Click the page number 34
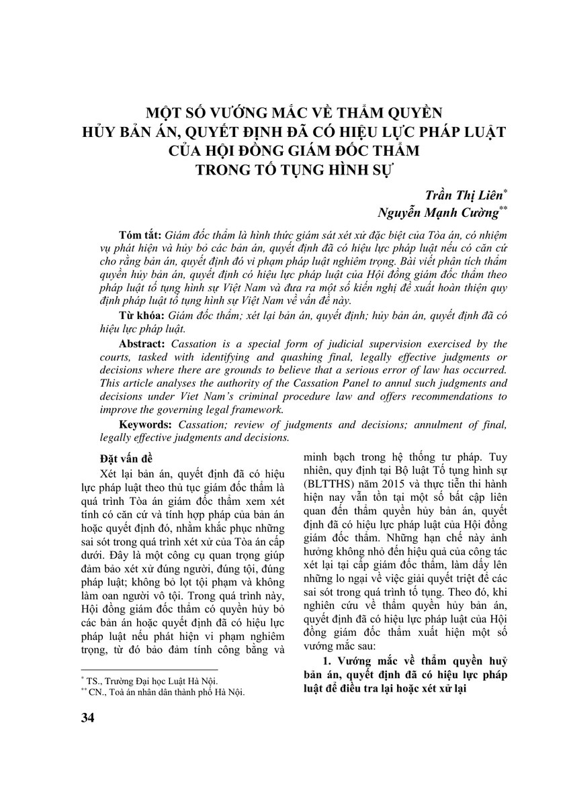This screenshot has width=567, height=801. (x=87, y=718)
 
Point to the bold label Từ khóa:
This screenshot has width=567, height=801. (x=139, y=314)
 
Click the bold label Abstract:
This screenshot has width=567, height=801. (x=144, y=343)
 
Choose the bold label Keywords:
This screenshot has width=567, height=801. (x=147, y=425)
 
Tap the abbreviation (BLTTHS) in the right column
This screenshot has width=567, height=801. (x=334, y=483)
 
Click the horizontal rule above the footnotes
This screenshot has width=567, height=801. (x=148, y=669)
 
